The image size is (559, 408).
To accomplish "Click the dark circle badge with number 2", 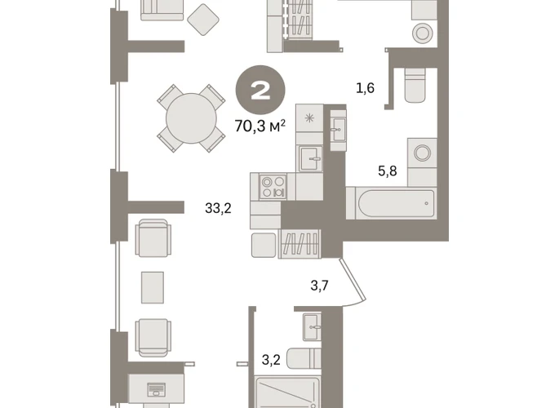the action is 260,90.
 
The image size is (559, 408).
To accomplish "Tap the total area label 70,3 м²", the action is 260,126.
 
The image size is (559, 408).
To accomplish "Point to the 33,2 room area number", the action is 218,208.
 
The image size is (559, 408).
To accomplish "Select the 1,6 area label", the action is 365,87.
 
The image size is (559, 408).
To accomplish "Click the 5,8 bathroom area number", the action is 388,171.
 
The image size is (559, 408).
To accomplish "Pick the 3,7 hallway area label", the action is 319,286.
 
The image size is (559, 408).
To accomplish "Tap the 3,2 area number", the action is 271,360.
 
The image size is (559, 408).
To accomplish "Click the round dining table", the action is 191,118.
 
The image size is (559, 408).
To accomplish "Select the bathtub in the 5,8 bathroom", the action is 396,203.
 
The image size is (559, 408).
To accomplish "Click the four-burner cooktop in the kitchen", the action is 273,187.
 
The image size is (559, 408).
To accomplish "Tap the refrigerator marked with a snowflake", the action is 309,118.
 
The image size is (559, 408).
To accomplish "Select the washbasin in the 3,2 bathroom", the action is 312,326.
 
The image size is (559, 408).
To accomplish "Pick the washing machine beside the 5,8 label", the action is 422,153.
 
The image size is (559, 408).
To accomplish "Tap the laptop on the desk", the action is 156,390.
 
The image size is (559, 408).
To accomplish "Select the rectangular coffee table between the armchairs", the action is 153,287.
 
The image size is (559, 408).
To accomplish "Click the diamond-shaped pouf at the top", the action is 203,20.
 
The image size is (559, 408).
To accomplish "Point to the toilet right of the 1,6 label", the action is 415,86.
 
